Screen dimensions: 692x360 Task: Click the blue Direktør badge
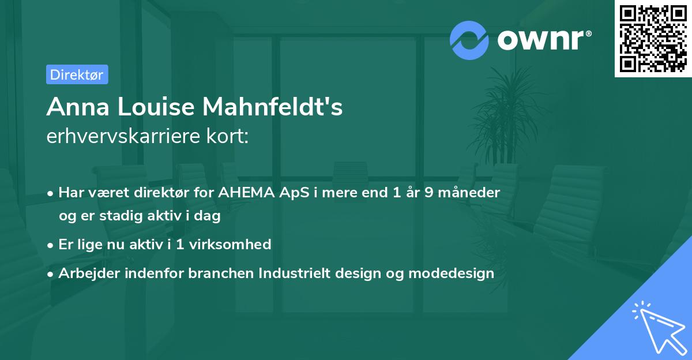(77, 74)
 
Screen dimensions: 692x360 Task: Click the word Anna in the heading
(78, 107)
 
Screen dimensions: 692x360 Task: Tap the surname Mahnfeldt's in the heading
(272, 107)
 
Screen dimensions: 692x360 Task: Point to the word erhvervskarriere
(123, 136)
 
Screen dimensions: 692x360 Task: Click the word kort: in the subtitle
(228, 136)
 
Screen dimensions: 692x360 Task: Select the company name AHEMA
(247, 193)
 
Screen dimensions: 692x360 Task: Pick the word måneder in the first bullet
(469, 193)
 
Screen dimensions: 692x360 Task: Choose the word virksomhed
(230, 245)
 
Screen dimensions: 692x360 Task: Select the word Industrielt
(295, 273)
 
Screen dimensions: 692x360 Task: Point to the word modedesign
(452, 273)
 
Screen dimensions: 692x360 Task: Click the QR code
(653, 39)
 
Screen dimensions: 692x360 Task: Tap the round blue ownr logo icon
(469, 40)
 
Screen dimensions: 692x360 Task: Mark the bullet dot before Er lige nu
(50, 246)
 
